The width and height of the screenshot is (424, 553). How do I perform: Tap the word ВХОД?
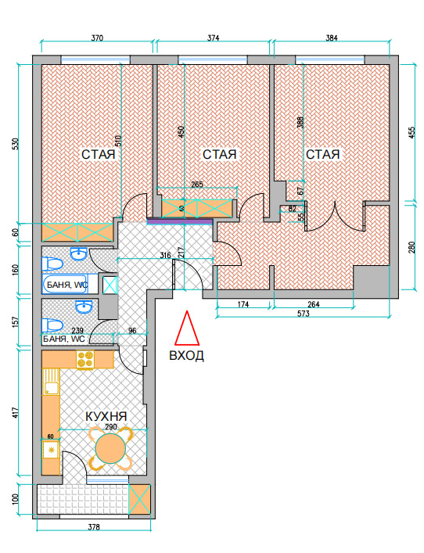click(187, 355)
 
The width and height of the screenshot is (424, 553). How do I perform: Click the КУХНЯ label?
click(106, 416)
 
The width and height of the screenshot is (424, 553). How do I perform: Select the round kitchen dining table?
click(110, 448)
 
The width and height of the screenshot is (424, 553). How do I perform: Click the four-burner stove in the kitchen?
click(85, 359)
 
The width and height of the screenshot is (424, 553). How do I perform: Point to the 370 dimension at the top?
click(97, 38)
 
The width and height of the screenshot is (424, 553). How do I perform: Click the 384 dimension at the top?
click(332, 38)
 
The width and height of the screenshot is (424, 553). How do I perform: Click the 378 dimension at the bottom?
click(94, 527)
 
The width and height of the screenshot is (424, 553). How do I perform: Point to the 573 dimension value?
click(304, 314)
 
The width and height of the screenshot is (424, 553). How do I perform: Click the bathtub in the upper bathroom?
click(65, 284)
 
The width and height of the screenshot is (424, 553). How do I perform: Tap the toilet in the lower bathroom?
click(52, 325)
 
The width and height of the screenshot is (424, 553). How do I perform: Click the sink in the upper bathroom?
click(79, 253)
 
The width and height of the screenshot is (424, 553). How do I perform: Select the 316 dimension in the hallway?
click(165, 255)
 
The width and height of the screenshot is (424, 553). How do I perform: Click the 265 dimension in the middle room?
click(197, 185)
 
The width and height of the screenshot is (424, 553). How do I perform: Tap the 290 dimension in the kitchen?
click(111, 427)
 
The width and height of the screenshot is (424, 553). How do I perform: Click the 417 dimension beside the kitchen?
click(15, 414)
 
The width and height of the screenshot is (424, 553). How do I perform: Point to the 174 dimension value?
click(243, 304)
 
